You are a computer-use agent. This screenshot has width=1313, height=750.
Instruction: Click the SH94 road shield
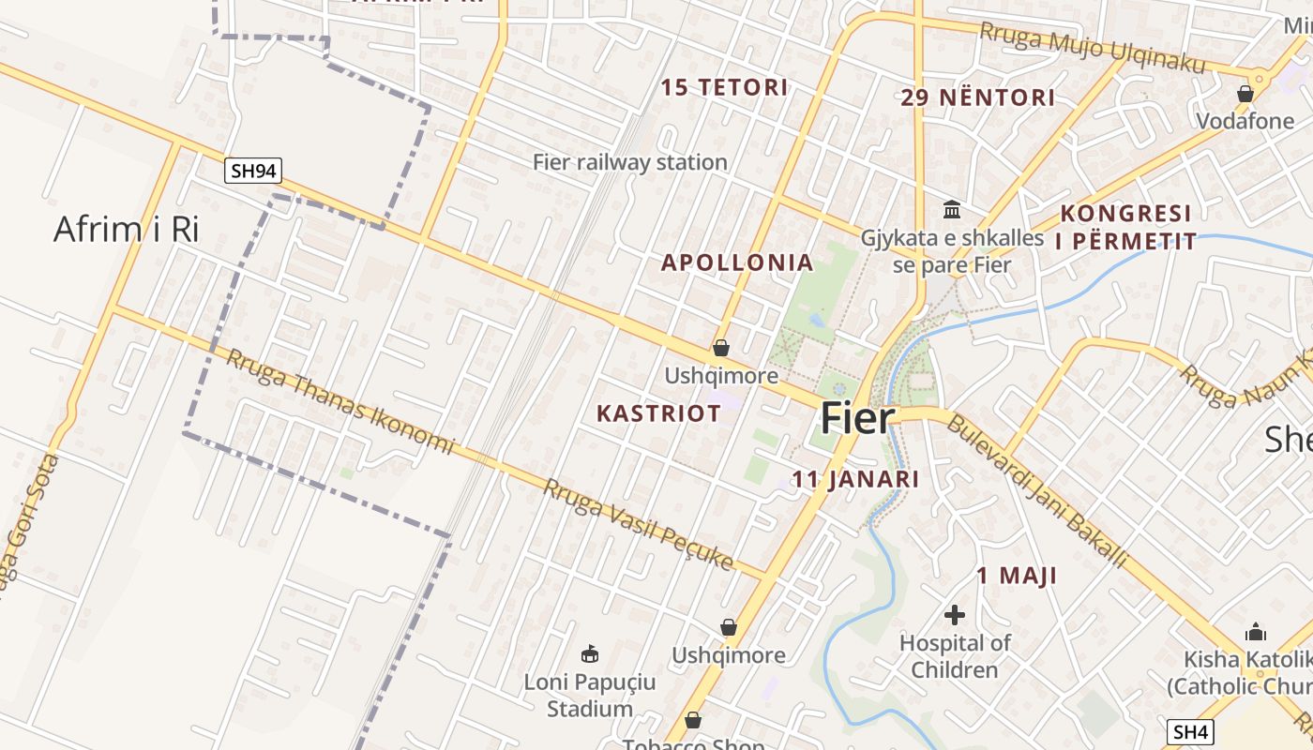(x=253, y=171)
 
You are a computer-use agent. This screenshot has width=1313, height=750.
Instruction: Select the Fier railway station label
(x=630, y=162)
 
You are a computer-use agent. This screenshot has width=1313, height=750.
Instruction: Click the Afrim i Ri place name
(x=127, y=229)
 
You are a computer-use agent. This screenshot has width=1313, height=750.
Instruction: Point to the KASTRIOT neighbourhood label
(x=659, y=413)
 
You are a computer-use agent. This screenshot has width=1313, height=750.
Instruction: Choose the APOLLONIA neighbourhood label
(x=737, y=262)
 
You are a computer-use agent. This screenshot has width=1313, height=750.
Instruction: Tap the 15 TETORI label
(x=724, y=88)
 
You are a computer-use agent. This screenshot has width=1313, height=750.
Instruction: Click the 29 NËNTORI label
(x=978, y=97)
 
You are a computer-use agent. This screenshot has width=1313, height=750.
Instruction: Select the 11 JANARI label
(x=855, y=479)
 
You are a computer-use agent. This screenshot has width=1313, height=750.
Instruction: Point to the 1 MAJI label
(x=1017, y=576)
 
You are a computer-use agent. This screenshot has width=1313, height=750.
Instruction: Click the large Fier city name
(x=858, y=418)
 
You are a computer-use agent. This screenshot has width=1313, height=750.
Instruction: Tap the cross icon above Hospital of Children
(x=955, y=615)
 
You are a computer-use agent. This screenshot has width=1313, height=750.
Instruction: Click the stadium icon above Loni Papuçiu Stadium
(x=590, y=653)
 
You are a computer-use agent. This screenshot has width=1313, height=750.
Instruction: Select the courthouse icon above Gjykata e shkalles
(x=953, y=208)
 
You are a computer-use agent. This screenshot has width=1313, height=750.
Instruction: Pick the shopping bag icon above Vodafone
(x=1245, y=94)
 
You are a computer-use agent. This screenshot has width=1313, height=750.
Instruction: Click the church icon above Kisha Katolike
(x=1255, y=632)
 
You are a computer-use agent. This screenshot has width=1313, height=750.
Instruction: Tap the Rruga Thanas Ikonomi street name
(x=340, y=401)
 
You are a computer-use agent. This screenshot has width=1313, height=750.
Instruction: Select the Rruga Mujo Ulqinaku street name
(x=1092, y=47)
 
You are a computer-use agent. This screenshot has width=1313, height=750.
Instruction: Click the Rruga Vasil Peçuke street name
(x=638, y=523)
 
